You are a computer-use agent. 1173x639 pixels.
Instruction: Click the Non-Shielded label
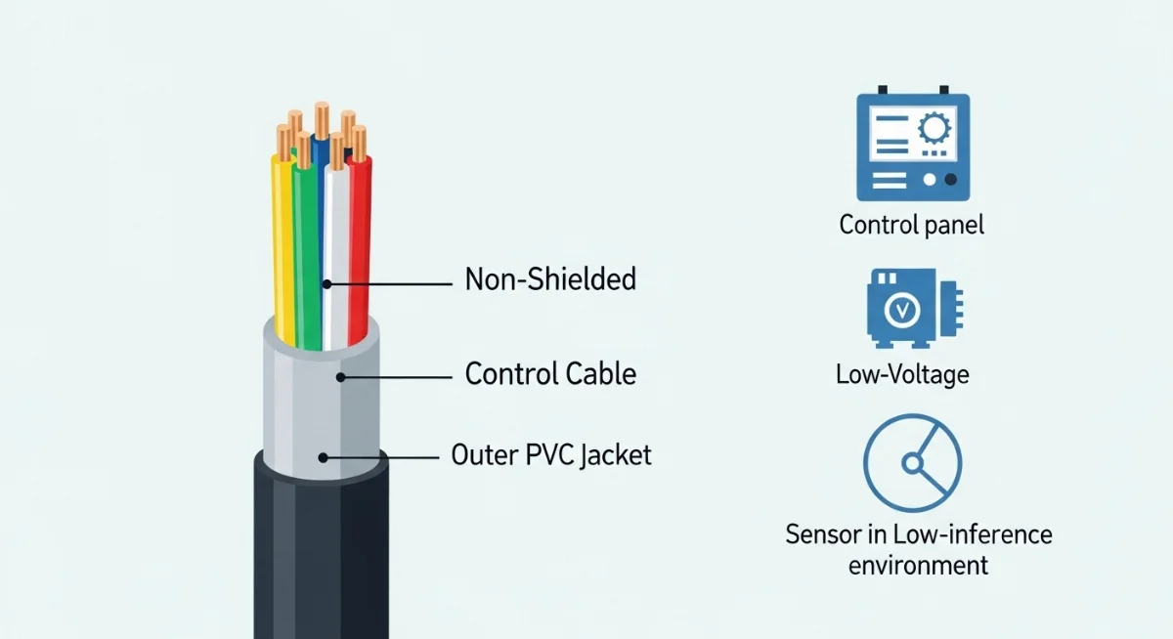point(550,280)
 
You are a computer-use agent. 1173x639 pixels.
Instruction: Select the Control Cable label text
point(550,374)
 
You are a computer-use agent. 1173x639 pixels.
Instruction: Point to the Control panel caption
point(911,225)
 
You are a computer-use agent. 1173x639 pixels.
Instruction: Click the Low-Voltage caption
point(902,374)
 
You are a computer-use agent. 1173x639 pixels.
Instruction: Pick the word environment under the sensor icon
point(918,565)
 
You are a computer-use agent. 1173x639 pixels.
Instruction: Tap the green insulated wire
point(308,254)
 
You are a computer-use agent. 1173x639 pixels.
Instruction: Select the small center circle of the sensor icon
point(910,465)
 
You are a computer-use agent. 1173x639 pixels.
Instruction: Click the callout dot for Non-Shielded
point(327,284)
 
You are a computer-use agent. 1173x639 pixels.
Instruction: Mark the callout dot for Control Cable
point(341,376)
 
